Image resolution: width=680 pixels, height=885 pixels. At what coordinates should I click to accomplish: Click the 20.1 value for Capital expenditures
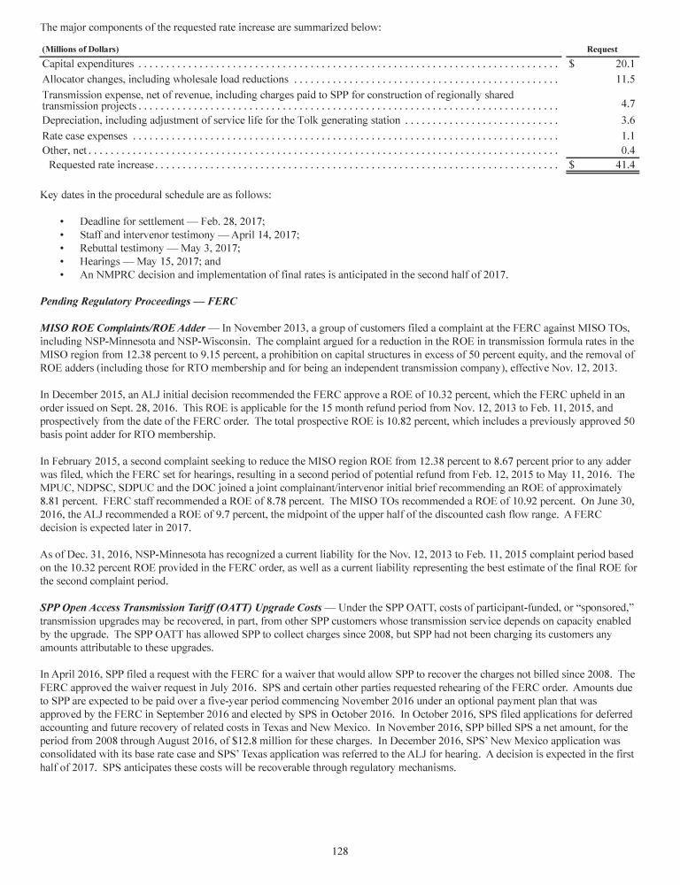point(625,64)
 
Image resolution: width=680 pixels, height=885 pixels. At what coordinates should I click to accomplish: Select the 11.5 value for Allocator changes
point(625,81)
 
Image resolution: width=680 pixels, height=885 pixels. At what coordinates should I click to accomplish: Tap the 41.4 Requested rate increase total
point(625,165)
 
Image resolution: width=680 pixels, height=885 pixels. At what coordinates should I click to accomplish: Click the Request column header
point(602,48)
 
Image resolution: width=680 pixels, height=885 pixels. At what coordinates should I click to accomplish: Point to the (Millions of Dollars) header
point(81,48)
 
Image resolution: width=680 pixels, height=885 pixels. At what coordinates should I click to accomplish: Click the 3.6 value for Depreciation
point(628,119)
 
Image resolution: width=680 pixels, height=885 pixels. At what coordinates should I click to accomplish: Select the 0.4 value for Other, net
point(628,150)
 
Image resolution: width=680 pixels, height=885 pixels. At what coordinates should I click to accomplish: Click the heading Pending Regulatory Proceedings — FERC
point(140,302)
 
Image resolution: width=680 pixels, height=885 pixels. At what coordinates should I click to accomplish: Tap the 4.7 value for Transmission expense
point(628,104)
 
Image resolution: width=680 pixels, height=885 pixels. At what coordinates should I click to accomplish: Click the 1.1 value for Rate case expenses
point(628,136)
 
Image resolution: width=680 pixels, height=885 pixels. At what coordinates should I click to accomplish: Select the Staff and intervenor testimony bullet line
point(189,234)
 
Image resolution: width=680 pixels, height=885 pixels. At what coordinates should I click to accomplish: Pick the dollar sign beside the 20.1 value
point(572,64)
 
